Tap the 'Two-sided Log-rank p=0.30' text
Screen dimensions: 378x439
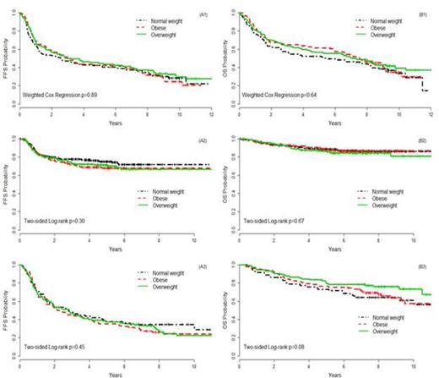51,221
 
